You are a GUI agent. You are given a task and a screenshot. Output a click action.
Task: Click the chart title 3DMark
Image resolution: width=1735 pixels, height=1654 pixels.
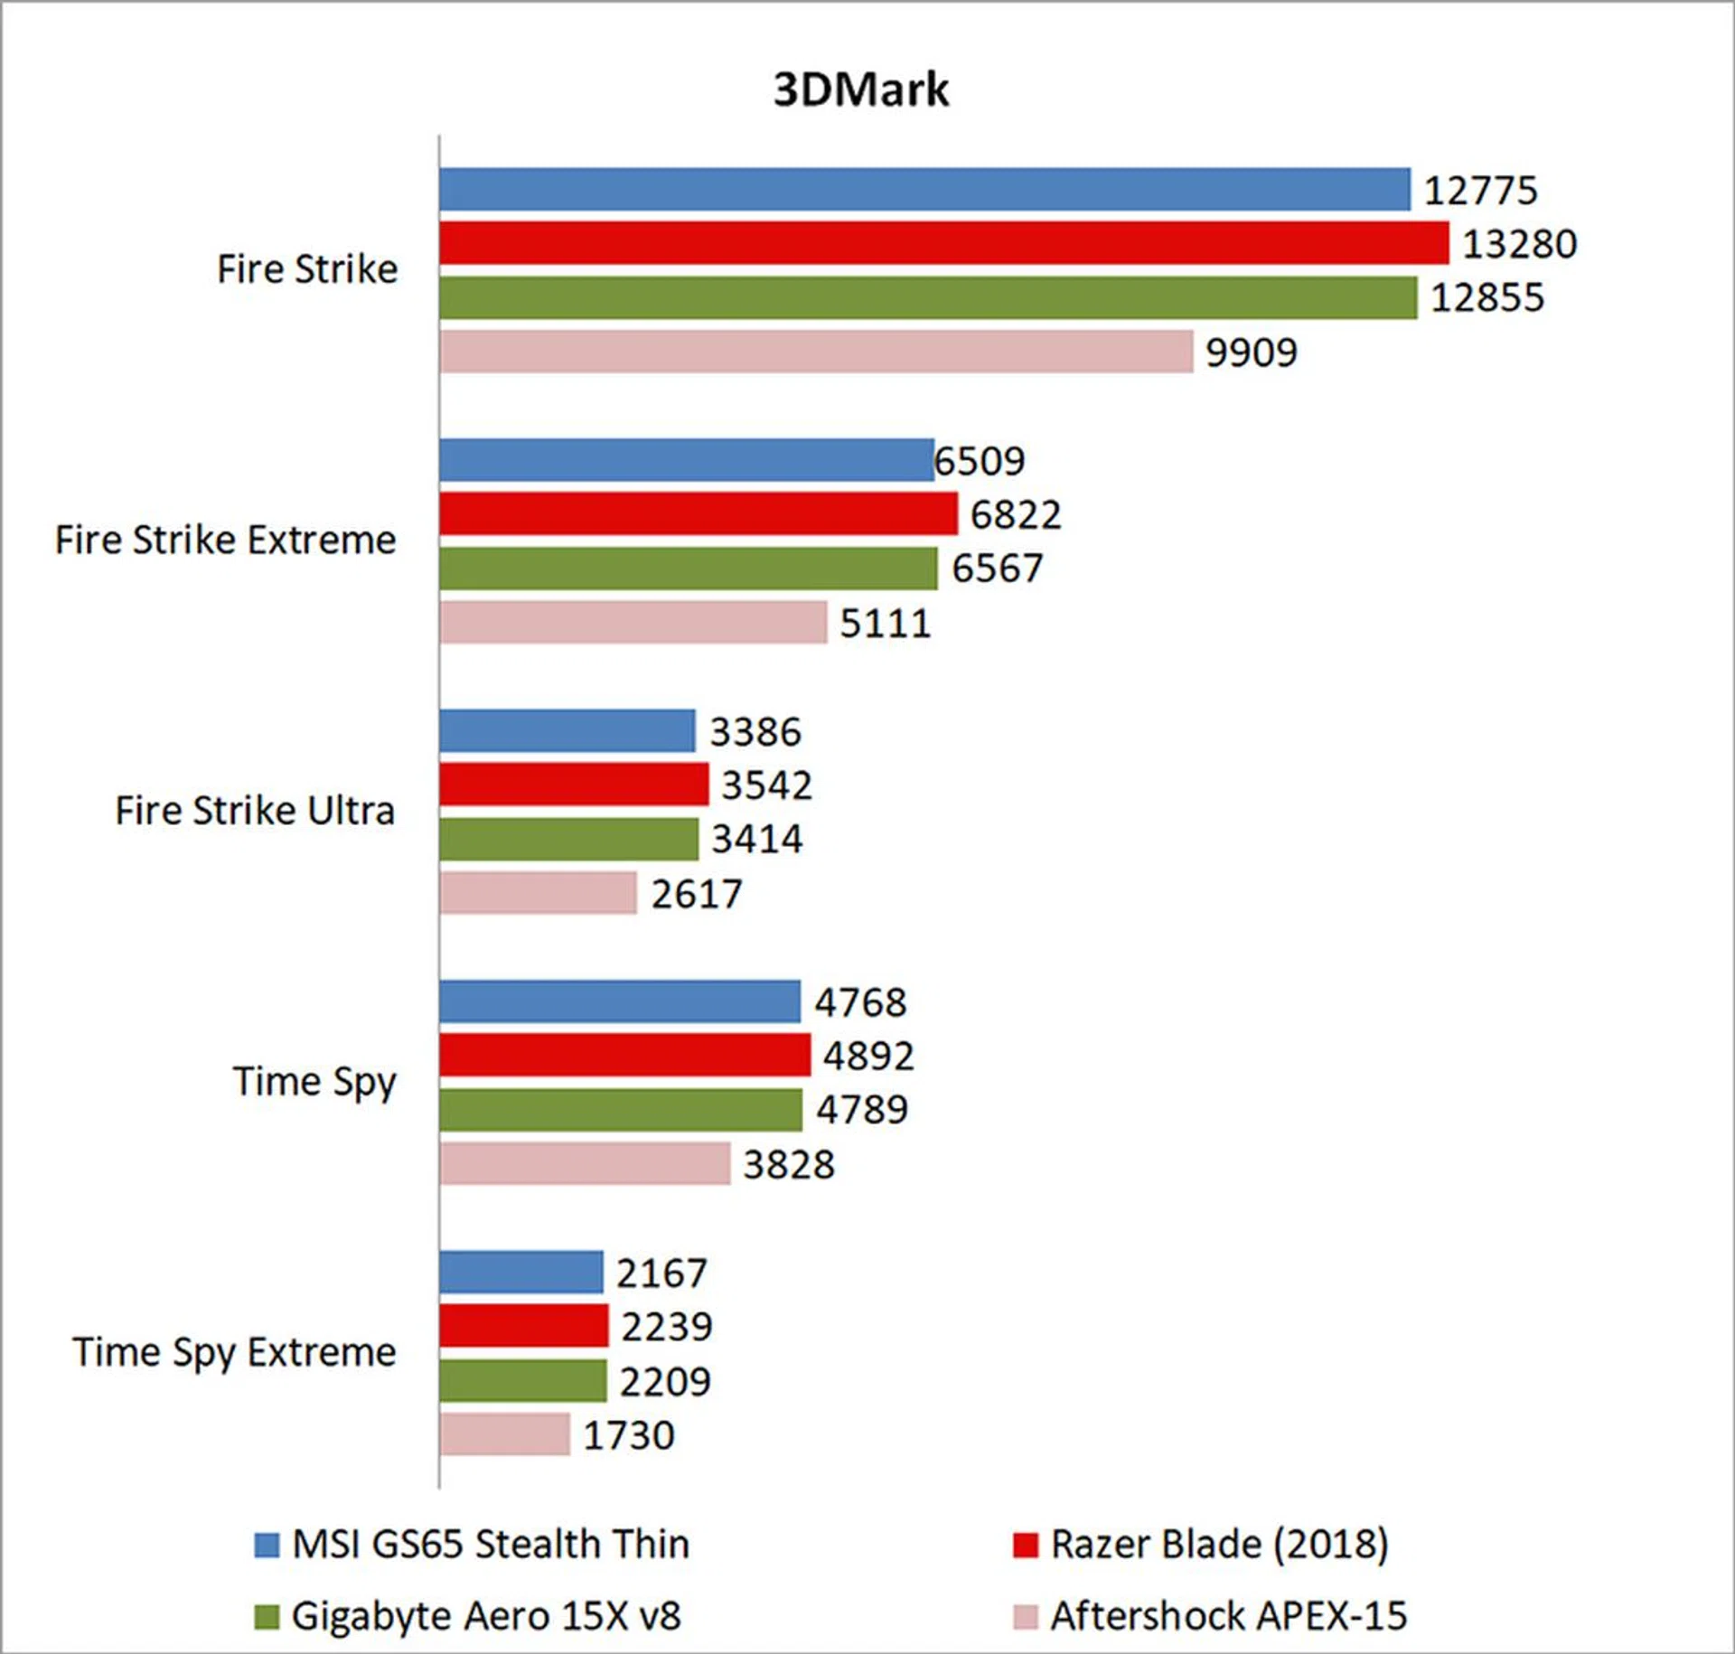(x=861, y=89)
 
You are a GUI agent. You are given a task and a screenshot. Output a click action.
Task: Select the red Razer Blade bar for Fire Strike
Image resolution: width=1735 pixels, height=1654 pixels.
(x=943, y=243)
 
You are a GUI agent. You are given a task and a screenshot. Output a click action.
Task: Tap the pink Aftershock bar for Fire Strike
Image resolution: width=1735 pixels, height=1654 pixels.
(x=816, y=352)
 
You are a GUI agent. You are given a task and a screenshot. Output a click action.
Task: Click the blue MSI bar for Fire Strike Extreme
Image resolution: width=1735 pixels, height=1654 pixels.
(x=687, y=460)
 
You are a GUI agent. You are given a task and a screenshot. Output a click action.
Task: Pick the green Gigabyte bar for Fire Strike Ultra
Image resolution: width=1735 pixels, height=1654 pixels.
(x=569, y=839)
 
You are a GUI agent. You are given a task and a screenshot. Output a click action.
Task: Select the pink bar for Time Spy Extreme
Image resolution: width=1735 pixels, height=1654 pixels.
(x=505, y=1434)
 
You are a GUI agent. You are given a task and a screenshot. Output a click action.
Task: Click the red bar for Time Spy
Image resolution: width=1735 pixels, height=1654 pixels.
(x=625, y=1055)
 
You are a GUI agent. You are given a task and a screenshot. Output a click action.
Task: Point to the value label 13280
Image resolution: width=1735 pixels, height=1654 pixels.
(x=1519, y=244)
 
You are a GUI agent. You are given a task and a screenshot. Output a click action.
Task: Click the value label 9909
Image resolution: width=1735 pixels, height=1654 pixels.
(x=1251, y=352)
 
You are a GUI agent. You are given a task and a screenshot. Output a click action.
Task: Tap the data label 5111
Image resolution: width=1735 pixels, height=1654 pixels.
(x=885, y=624)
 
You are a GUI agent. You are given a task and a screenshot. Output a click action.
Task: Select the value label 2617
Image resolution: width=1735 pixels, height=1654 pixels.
(x=696, y=895)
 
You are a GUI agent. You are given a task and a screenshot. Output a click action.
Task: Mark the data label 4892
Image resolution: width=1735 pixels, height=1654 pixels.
(x=867, y=1056)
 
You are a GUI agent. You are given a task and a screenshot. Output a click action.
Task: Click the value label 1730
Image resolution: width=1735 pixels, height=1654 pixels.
(x=628, y=1435)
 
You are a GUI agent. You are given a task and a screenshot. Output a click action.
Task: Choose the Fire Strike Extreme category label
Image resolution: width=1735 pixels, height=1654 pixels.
(x=225, y=540)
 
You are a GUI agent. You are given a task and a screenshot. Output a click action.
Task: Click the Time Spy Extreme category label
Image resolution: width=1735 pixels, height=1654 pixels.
(x=234, y=1353)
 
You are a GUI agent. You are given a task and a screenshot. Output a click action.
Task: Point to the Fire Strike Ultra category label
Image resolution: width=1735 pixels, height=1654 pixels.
(x=255, y=811)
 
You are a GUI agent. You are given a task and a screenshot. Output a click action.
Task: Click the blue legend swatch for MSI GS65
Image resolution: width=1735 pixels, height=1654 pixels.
(x=267, y=1545)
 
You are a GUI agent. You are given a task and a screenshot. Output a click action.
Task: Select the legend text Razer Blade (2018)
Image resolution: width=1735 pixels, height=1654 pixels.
(x=1219, y=1545)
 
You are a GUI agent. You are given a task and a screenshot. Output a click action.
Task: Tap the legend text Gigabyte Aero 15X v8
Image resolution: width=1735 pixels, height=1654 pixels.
(x=486, y=1616)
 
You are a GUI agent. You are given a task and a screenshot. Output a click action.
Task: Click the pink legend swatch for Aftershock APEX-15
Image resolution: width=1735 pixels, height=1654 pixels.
(x=1025, y=1617)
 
